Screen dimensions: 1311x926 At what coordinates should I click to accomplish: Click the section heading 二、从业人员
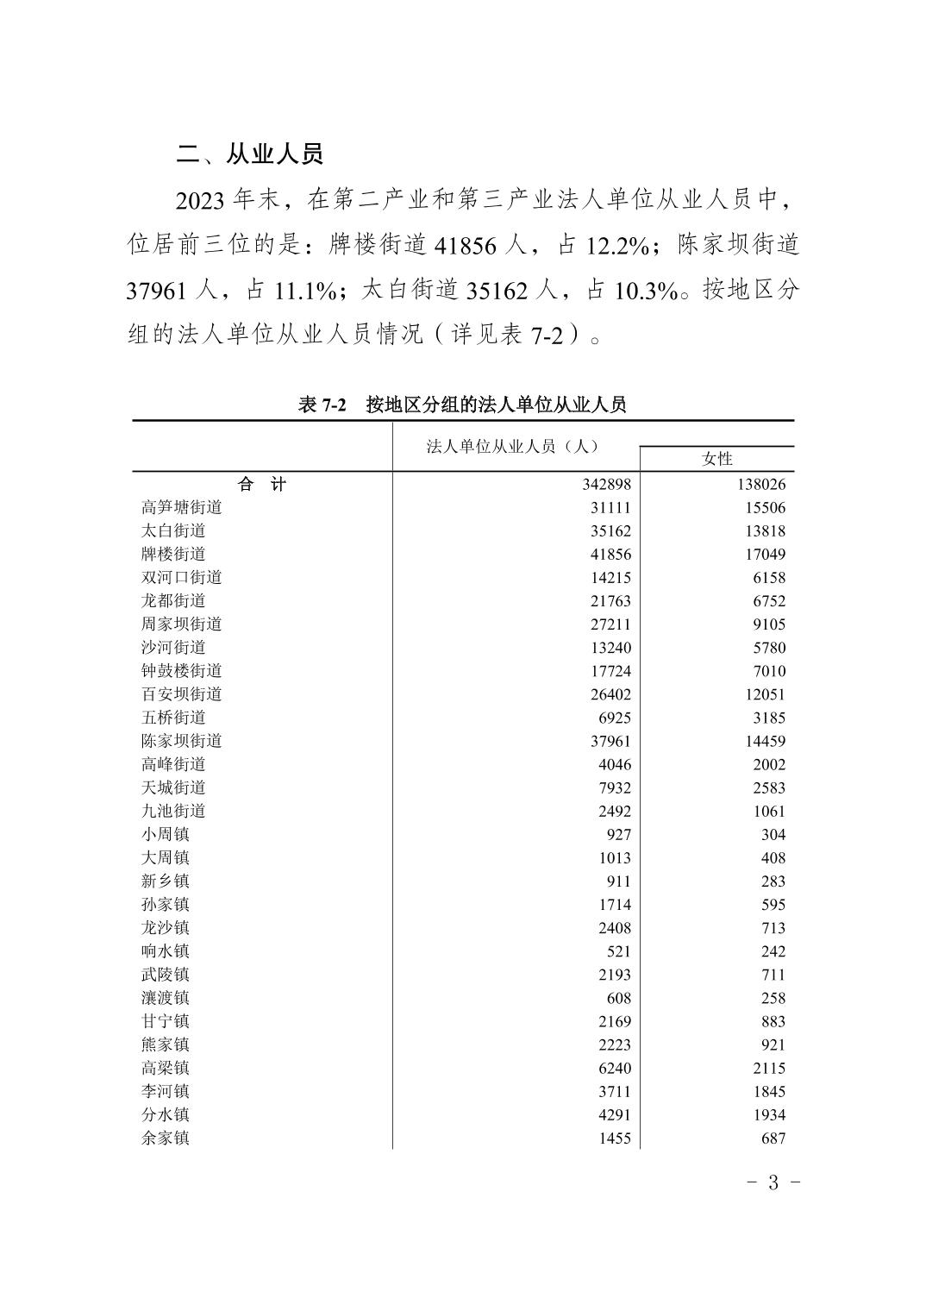tap(249, 154)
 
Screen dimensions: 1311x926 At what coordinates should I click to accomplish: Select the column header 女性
tap(716, 459)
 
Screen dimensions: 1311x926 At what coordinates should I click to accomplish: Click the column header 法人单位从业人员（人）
tap(514, 446)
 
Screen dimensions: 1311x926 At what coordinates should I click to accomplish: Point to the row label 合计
tap(261, 485)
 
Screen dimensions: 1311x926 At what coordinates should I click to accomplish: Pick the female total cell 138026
tap(760, 485)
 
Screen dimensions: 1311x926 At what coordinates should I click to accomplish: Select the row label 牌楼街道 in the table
tap(173, 554)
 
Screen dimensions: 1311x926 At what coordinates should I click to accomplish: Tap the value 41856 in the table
tap(610, 555)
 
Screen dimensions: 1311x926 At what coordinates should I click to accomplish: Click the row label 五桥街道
tap(173, 718)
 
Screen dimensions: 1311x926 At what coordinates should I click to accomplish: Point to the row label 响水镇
tap(166, 950)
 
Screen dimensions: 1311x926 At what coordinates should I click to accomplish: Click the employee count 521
tap(617, 951)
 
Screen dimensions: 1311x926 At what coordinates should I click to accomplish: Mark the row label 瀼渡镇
tap(166, 997)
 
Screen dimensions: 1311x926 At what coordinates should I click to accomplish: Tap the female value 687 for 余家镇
tap(773, 1138)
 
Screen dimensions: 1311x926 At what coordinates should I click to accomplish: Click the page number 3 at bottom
tap(773, 1182)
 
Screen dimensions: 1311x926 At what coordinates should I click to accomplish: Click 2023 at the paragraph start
tap(200, 201)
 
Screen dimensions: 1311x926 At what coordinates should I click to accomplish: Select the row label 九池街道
tap(173, 811)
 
